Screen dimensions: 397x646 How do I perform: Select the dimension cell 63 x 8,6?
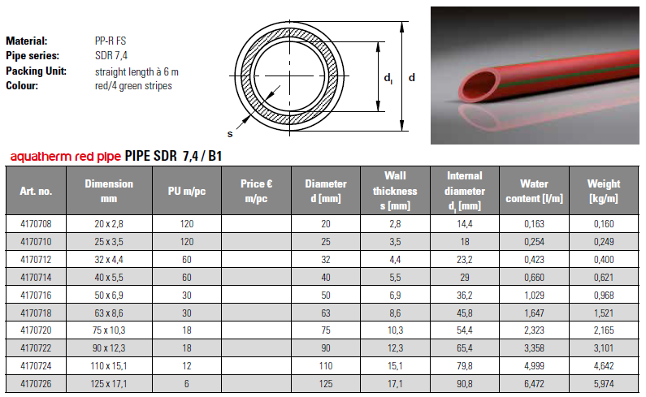[x=109, y=311]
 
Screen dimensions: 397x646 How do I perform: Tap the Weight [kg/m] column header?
[x=604, y=191]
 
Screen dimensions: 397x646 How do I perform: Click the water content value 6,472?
[x=534, y=384]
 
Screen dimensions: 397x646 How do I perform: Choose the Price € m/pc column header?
[x=256, y=191]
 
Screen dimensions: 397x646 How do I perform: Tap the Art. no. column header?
[x=36, y=192]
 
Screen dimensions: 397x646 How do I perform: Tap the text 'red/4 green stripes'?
[x=133, y=85]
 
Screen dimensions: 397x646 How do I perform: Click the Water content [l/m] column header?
[x=534, y=191]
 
